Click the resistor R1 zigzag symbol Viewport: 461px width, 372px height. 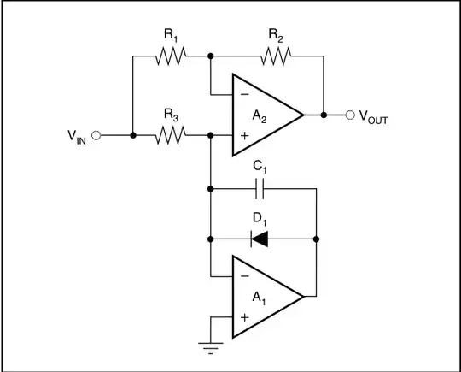(x=170, y=56)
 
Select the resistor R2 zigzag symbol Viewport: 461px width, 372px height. (x=275, y=56)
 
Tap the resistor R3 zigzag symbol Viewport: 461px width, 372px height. (x=170, y=135)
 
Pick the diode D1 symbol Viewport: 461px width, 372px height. (x=260, y=239)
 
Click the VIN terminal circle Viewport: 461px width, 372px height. (x=96, y=135)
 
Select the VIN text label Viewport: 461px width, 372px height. (x=74, y=137)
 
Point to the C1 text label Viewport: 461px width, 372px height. (x=260, y=167)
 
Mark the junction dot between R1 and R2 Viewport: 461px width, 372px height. (x=210, y=56)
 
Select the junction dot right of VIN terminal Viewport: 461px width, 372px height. (x=133, y=135)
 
